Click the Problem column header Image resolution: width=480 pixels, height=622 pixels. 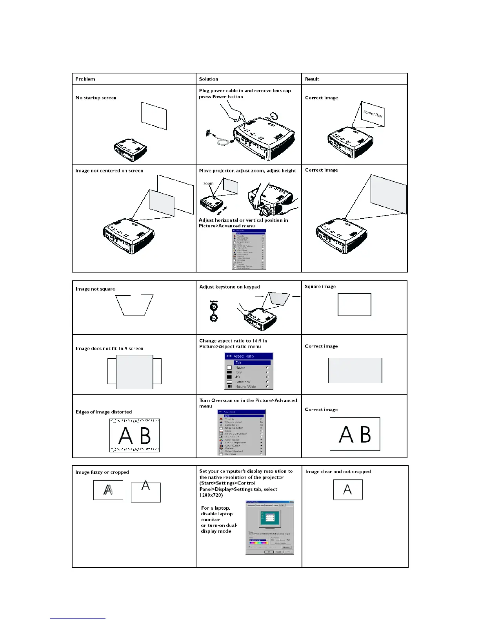pyautogui.click(x=85, y=79)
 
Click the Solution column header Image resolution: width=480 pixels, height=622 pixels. pyautogui.click(x=208, y=79)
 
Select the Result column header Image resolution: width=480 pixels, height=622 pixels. pyautogui.click(x=312, y=79)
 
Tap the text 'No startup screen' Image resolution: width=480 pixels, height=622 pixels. pyautogui.click(x=96, y=98)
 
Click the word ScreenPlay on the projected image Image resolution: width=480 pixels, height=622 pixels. pyautogui.click(x=373, y=114)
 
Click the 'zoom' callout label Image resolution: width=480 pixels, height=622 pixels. pyautogui.click(x=208, y=183)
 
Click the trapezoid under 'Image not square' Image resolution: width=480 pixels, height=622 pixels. pyautogui.click(x=134, y=305)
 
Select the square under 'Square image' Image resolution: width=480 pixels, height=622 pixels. pyautogui.click(x=354, y=304)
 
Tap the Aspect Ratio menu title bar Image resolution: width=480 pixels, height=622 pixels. pyautogui.click(x=249, y=356)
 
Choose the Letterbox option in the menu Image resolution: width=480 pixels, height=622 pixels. pyautogui.click(x=243, y=382)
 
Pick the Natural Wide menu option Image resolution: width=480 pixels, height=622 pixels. pyautogui.click(x=245, y=387)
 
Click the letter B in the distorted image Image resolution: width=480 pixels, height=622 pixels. pyautogui.click(x=145, y=436)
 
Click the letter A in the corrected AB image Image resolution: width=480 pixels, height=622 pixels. pyautogui.click(x=345, y=435)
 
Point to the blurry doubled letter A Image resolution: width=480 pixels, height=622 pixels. pyautogui.click(x=108, y=490)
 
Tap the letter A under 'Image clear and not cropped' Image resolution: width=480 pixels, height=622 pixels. pyautogui.click(x=347, y=490)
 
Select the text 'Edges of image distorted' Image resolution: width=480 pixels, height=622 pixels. pyautogui.click(x=104, y=412)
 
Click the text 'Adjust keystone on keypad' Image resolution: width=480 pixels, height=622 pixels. pyautogui.click(x=229, y=287)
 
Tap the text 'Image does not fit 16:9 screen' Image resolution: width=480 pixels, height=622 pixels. pyautogui.click(x=109, y=349)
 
